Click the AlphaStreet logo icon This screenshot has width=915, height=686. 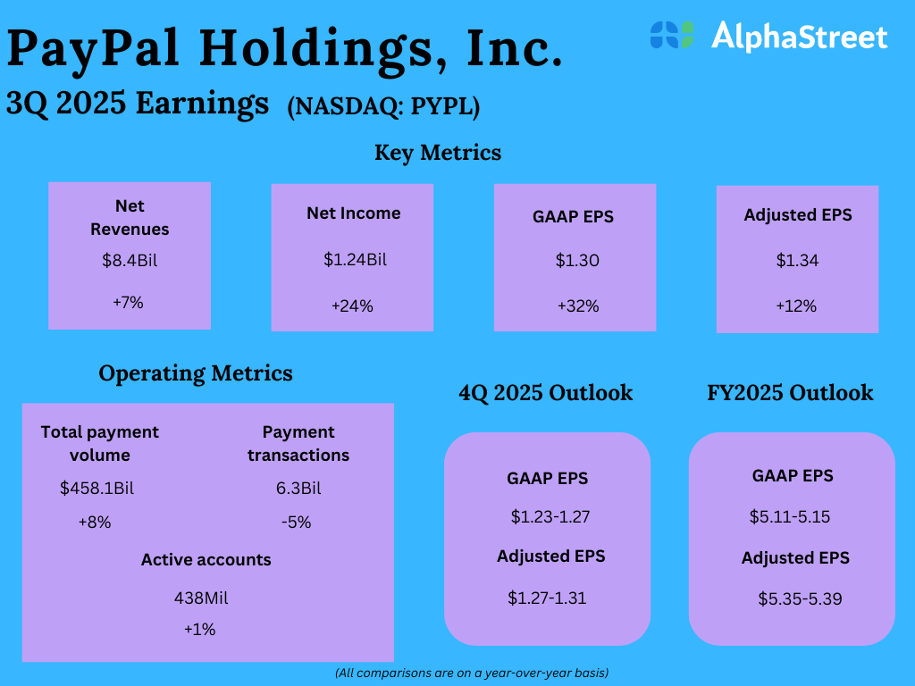[x=672, y=35]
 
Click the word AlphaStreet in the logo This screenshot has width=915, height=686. [x=799, y=37]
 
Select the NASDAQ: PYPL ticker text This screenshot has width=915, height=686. [x=383, y=106]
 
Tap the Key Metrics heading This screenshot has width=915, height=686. [x=437, y=153]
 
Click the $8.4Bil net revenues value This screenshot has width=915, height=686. [x=130, y=262]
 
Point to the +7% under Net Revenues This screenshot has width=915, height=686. [x=128, y=303]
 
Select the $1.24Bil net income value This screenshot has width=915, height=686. [x=354, y=260]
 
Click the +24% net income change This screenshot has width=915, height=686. [x=352, y=306]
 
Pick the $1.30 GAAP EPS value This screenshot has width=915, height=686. [x=576, y=261]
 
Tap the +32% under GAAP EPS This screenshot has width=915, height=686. [x=577, y=306]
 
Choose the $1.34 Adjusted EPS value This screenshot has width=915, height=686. [x=797, y=261]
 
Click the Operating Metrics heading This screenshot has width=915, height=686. [x=196, y=373]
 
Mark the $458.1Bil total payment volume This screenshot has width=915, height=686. [x=97, y=489]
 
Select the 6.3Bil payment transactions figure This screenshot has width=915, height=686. [x=298, y=489]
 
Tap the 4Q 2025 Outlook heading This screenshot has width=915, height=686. [x=545, y=393]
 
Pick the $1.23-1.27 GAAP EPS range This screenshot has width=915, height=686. [x=550, y=516]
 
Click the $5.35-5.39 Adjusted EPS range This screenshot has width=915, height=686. [x=800, y=598]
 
